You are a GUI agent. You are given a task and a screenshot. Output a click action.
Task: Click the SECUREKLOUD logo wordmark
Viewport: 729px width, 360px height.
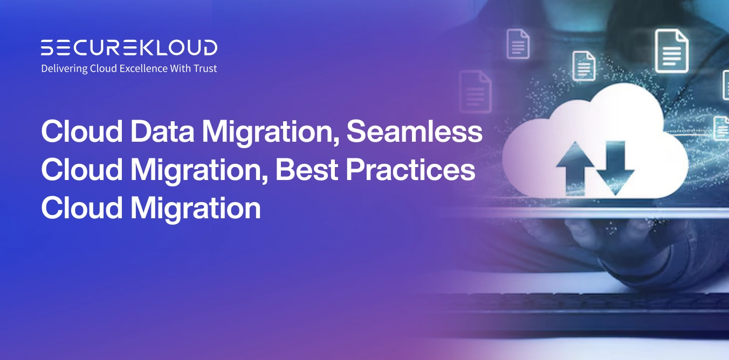coord(129,47)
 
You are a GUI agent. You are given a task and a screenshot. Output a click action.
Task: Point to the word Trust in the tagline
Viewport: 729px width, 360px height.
coord(205,68)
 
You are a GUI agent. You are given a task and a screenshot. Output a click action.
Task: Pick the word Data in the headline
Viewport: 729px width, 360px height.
coord(162,131)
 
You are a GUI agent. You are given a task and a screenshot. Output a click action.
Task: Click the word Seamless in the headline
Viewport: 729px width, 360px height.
coord(414,131)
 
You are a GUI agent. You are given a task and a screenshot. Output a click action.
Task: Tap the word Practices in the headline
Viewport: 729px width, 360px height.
coord(410,169)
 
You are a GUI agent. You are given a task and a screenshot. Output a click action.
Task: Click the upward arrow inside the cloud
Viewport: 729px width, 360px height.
coord(575,168)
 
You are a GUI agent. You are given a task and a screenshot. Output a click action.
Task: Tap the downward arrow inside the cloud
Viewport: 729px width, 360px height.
coord(615,168)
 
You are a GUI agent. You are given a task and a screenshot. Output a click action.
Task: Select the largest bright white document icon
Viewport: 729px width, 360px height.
coord(672,51)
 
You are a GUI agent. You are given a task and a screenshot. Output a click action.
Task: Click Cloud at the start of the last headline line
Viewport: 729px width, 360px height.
coord(81,208)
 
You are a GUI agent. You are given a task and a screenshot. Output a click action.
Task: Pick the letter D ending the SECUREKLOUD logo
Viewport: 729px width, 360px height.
coord(210,47)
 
